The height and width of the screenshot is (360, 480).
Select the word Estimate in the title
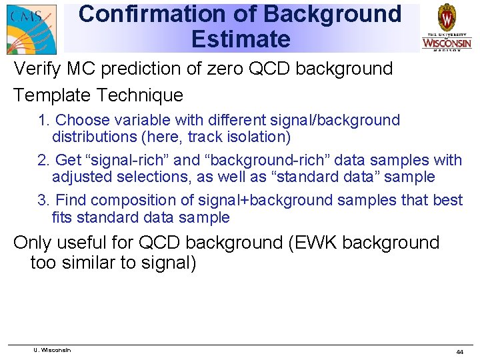tap(241, 39)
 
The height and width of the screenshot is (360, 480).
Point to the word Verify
tap(35, 69)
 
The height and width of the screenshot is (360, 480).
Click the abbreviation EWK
tap(313, 243)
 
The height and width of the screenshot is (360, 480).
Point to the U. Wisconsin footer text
tap(52, 350)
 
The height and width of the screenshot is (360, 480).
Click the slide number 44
tap(459, 351)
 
